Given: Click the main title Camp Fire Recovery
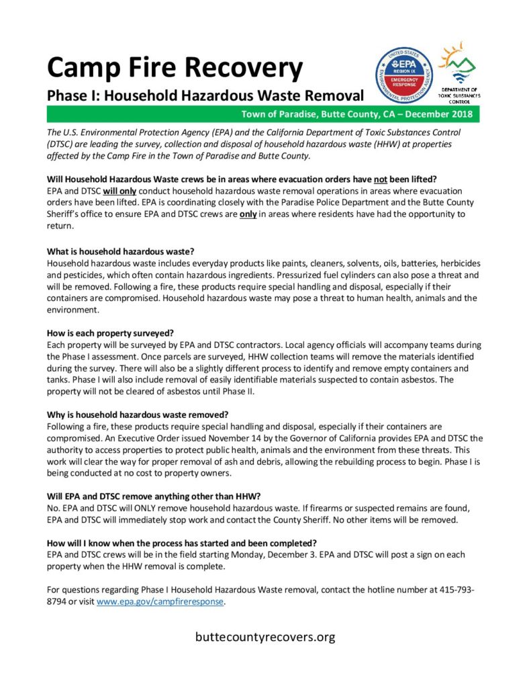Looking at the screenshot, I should (175, 67).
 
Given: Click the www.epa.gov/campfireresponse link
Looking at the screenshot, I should (160, 602).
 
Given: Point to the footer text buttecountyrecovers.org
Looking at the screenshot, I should (265, 636).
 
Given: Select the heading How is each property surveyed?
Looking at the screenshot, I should (111, 333).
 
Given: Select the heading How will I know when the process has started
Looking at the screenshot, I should (182, 543).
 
